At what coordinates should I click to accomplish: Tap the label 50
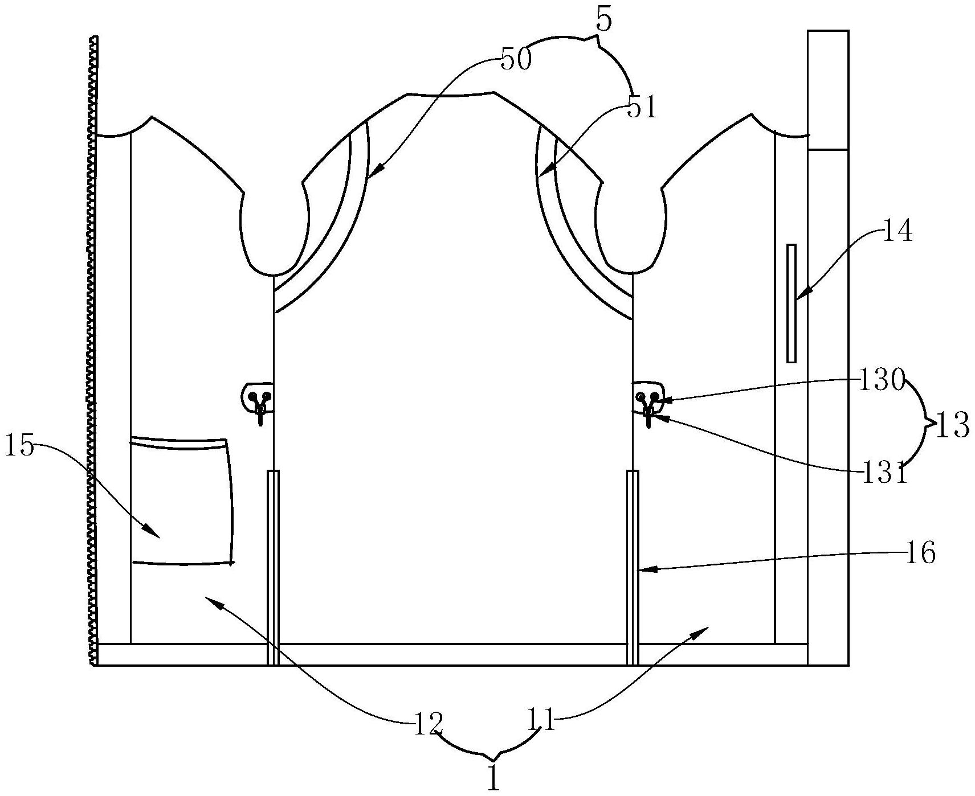pos(516,59)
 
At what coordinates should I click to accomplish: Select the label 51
pos(642,107)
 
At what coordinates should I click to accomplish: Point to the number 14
pos(897,232)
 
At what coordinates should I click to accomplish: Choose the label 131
pos(883,472)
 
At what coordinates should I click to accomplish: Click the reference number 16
pos(920,552)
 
